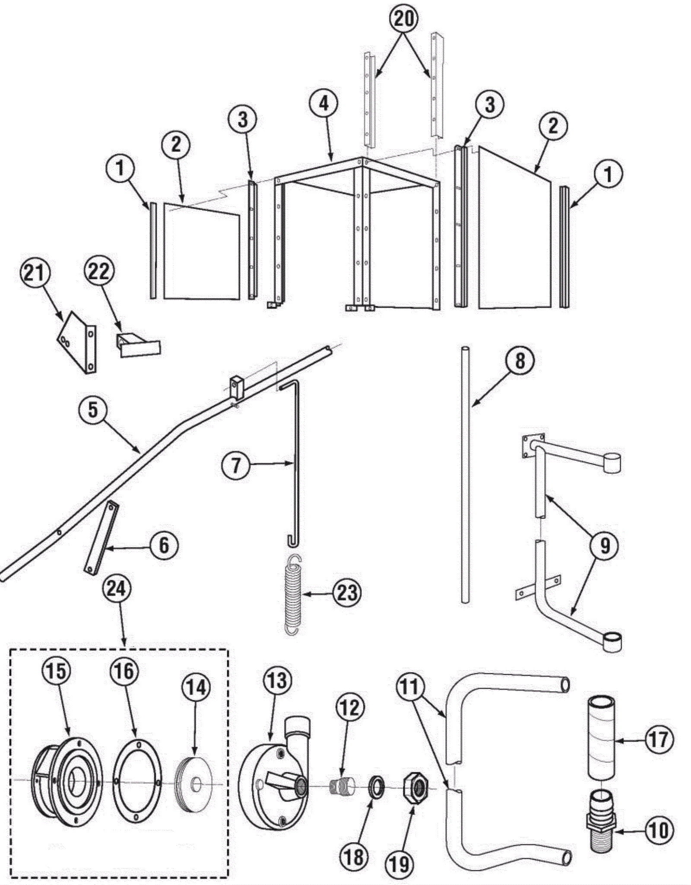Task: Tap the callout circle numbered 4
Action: [x=324, y=104]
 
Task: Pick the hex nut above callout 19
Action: [x=415, y=789]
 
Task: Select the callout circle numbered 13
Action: [x=276, y=681]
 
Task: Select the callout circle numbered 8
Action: [x=520, y=360]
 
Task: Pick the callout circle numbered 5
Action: [x=93, y=409]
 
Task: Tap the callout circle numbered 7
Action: [x=235, y=466]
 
